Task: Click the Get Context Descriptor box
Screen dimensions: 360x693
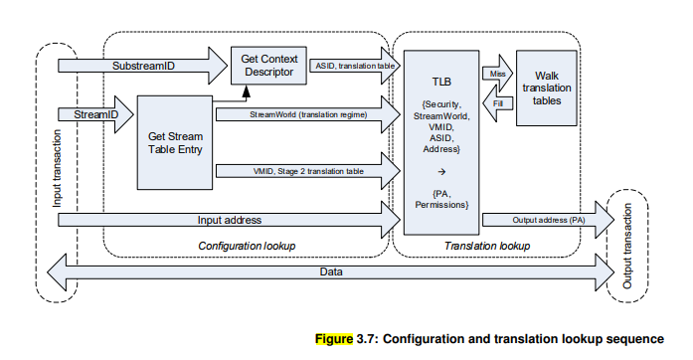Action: click(x=268, y=67)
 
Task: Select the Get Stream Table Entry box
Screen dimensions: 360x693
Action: click(x=175, y=142)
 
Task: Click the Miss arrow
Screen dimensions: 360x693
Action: click(x=497, y=74)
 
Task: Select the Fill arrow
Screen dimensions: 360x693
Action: click(x=497, y=102)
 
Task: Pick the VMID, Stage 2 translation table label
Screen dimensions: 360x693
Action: click(x=308, y=171)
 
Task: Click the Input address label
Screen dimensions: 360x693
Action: click(x=230, y=218)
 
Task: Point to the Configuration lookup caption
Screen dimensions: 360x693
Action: click(x=240, y=244)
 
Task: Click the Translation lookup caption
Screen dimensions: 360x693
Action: click(x=487, y=244)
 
